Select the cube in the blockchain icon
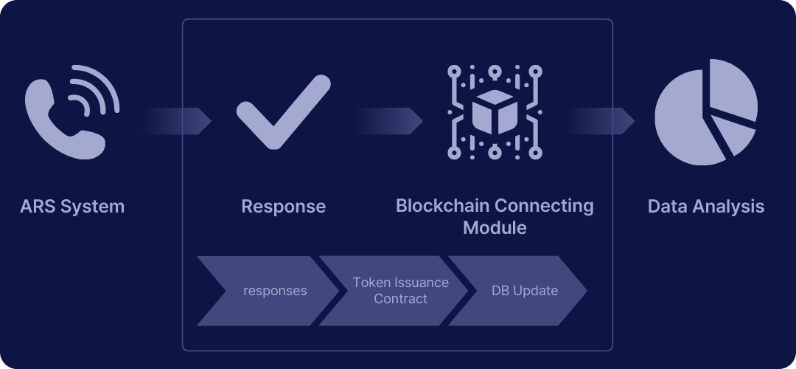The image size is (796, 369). point(495,112)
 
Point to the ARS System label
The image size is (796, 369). point(72,207)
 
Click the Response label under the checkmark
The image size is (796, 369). point(283,207)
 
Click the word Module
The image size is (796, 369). point(495,227)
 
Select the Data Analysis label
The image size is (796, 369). point(705,207)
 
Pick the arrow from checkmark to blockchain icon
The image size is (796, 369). point(388,121)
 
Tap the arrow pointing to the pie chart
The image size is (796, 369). point(600,121)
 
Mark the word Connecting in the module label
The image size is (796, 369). point(544,206)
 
